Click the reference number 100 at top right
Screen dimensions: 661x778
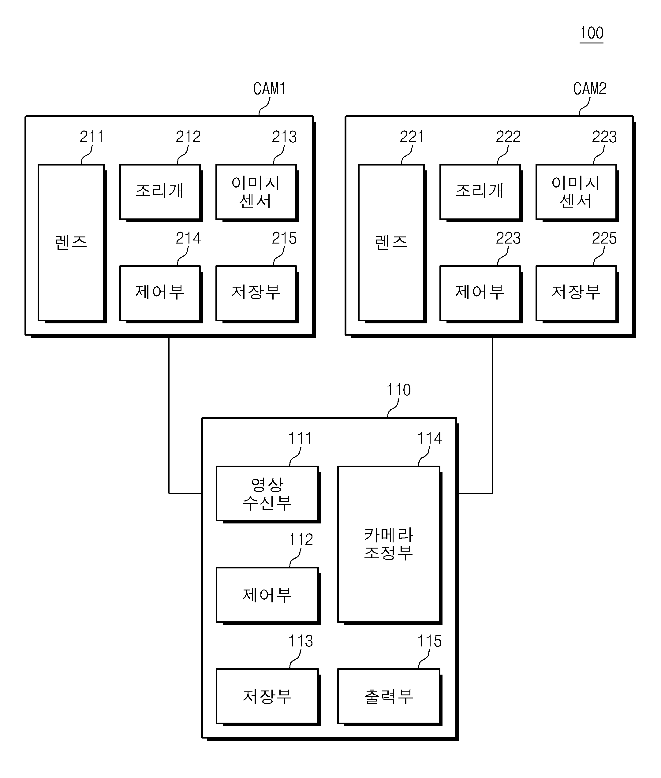(591, 33)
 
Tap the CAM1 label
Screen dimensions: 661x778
(269, 89)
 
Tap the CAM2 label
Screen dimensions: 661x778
(590, 89)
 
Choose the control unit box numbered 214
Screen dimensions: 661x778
(161, 294)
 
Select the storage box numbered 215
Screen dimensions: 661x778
(257, 294)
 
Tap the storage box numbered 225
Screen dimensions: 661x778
(577, 294)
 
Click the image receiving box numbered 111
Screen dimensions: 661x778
(268, 494)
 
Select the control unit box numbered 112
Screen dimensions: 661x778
(268, 596)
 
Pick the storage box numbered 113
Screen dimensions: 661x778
(268, 697)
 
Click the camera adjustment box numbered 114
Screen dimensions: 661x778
(390, 545)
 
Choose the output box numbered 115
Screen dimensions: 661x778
(390, 697)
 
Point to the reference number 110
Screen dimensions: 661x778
(398, 390)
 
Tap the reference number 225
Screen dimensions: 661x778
(604, 238)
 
